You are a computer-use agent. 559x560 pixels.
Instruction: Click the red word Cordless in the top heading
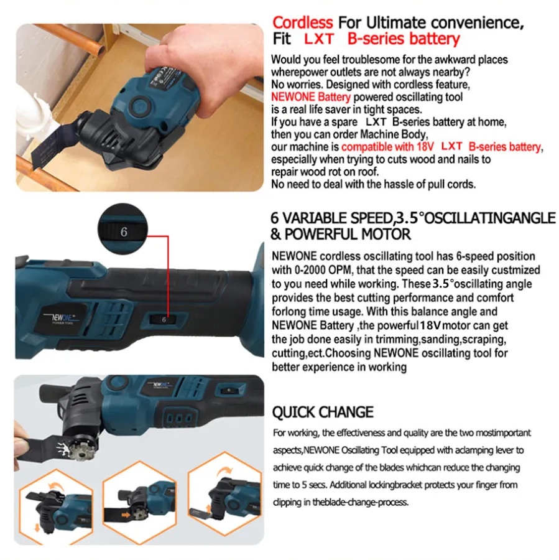click(x=302, y=23)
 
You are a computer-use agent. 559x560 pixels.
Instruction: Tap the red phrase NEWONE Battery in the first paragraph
click(x=310, y=97)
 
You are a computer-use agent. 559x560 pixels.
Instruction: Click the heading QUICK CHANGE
click(x=323, y=412)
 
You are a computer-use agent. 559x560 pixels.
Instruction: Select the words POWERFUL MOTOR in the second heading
click(x=348, y=235)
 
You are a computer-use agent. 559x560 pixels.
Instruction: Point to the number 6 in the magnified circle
click(x=124, y=232)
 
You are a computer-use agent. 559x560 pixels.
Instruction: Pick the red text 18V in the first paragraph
click(x=425, y=147)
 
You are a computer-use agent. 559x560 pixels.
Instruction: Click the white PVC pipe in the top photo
click(x=39, y=107)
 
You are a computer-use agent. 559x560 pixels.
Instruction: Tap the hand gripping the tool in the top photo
click(x=200, y=64)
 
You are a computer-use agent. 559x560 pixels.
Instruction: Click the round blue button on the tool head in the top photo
click(x=139, y=106)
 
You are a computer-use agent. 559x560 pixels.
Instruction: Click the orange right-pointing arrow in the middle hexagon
click(x=126, y=515)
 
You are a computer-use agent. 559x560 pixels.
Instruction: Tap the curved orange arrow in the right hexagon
click(x=224, y=471)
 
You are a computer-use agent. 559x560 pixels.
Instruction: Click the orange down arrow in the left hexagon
click(x=37, y=527)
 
